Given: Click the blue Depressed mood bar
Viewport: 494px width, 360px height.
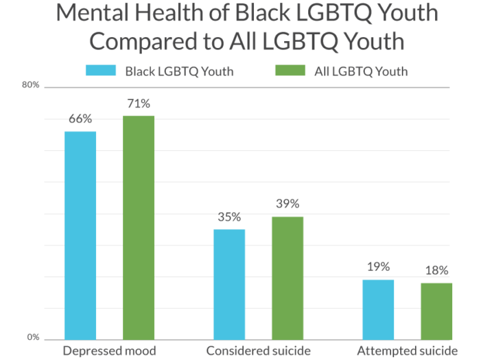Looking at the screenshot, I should pyautogui.click(x=80, y=235).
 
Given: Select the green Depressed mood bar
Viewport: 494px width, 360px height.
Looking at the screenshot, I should pyautogui.click(x=139, y=227).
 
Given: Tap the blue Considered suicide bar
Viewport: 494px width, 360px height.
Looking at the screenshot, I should pyautogui.click(x=228, y=283).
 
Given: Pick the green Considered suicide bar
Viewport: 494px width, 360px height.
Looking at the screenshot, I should pyautogui.click(x=287, y=277).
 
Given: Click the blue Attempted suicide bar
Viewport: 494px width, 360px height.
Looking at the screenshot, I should pyautogui.click(x=378, y=309).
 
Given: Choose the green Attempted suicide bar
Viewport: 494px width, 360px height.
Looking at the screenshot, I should pyautogui.click(x=436, y=311).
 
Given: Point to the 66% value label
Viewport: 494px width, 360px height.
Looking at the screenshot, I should pyautogui.click(x=80, y=119).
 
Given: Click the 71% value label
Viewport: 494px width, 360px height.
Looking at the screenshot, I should pyautogui.click(x=139, y=104).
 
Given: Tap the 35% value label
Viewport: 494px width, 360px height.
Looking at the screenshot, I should pyautogui.click(x=228, y=217).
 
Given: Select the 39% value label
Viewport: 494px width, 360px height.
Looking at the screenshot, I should pyautogui.click(x=287, y=204).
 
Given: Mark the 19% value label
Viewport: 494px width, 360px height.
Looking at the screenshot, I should pyautogui.click(x=378, y=267).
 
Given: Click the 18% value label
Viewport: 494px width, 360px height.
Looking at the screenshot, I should pyautogui.click(x=436, y=270).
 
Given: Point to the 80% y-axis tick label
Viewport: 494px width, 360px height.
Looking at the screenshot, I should pyautogui.click(x=33, y=85).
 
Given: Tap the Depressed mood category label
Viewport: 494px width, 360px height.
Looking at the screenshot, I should pyautogui.click(x=109, y=351).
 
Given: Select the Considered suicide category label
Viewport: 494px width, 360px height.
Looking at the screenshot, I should pyautogui.click(x=259, y=351).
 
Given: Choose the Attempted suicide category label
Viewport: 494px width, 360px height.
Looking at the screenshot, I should pyautogui.click(x=407, y=351).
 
